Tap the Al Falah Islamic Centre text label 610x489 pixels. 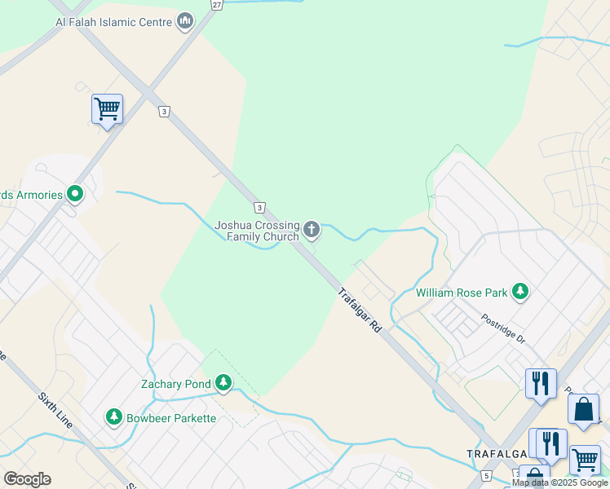coord(114,22)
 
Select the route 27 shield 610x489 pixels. coord(215,5)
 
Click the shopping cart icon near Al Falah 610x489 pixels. coord(107,108)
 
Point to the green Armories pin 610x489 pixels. coord(75,194)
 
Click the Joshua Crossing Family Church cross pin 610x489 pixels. coord(311,230)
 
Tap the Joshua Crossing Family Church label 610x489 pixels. coord(257,231)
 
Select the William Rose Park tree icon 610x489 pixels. coord(520,292)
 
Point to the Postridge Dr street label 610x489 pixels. coord(499,328)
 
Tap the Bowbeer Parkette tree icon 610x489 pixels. coord(113,417)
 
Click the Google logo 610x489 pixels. coord(27,479)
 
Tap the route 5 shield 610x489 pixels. coord(486,475)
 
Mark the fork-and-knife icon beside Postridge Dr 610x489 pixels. coord(541,381)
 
